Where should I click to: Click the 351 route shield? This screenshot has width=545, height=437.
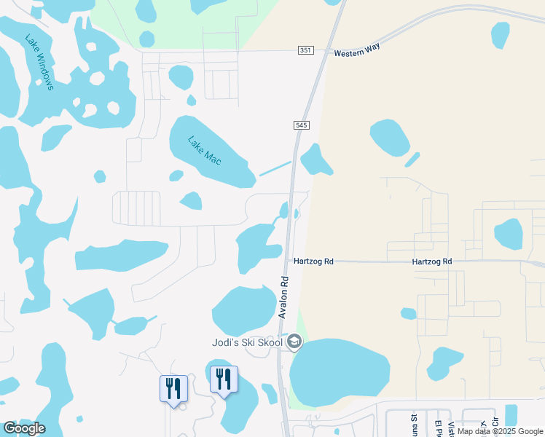pyautogui.click(x=305, y=50)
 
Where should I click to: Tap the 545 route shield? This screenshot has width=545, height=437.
pyautogui.click(x=302, y=125)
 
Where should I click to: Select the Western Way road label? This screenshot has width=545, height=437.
pyautogui.click(x=357, y=52)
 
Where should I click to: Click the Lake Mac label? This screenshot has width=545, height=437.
pyautogui.click(x=204, y=150)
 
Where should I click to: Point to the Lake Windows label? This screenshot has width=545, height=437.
pyautogui.click(x=39, y=63)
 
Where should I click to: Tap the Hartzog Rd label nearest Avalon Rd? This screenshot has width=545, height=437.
pyautogui.click(x=313, y=261)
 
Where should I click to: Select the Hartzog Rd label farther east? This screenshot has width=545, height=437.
pyautogui.click(x=431, y=261)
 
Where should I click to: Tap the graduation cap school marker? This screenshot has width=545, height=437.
pyautogui.click(x=294, y=342)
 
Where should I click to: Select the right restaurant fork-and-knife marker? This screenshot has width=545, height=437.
pyautogui.click(x=224, y=379)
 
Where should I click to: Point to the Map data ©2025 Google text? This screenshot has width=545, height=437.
pyautogui.click(x=500, y=431)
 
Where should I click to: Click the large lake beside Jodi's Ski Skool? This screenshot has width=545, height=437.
pyautogui.click(x=339, y=371)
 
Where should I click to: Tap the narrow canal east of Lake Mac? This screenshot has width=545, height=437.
pyautogui.click(x=275, y=168)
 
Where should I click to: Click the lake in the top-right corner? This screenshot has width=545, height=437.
pyautogui.click(x=501, y=34)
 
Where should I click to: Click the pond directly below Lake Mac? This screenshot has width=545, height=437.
pyautogui.click(x=191, y=200)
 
